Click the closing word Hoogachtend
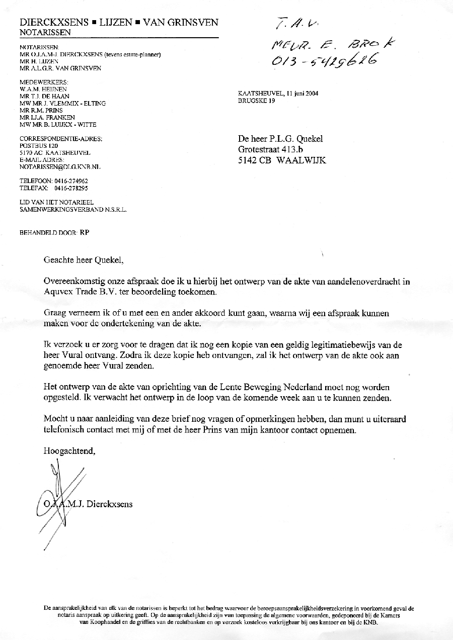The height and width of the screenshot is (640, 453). click(69, 451)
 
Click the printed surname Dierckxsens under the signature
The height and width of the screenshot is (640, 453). click(110, 503)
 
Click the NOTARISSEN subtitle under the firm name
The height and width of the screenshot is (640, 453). click(45, 33)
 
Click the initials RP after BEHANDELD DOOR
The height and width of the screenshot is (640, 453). click(85, 233)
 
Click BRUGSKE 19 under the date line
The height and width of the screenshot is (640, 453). click(257, 101)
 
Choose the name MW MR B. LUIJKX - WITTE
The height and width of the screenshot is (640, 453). click(57, 124)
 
